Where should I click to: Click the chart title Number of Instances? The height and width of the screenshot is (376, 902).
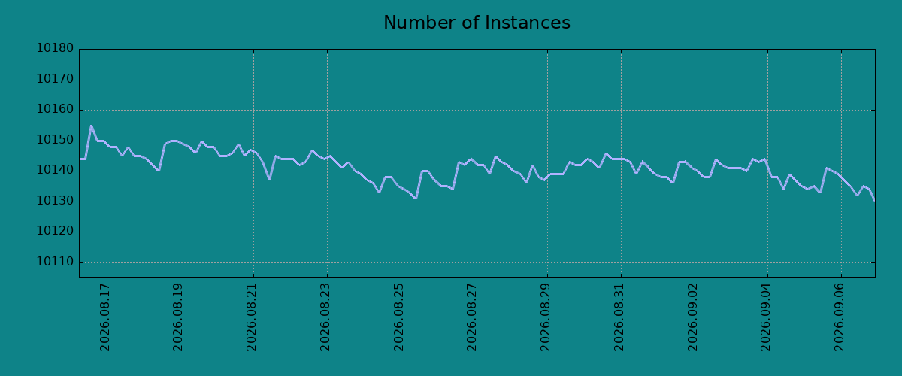coord(477,23)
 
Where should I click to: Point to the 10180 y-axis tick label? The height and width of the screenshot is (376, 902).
coord(55,48)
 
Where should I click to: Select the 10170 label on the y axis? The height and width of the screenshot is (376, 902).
coord(55,79)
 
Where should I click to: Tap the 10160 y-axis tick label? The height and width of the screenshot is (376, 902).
coord(55,109)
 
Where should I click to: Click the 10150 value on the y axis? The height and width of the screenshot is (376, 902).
coord(55,140)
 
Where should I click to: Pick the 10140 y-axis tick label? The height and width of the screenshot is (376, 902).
coord(55,171)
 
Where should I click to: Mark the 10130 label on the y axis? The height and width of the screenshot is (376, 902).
coord(55,201)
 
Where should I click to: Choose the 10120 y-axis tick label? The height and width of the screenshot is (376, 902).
coord(55,232)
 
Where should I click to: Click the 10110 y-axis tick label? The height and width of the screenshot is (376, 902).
coord(55,262)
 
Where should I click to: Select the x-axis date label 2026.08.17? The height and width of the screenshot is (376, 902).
coord(104,317)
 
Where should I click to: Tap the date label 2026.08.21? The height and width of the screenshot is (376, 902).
coord(251,317)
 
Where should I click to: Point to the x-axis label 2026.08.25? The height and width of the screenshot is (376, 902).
coord(398,317)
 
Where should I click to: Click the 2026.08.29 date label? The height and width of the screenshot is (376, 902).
coord(545,317)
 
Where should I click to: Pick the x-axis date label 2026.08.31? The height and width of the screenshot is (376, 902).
coord(619,317)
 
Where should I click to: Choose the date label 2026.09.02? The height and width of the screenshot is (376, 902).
coord(692,317)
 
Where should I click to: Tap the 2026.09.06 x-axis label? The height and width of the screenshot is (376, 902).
coord(839,317)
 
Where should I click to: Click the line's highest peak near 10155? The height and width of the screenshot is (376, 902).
coord(92,126)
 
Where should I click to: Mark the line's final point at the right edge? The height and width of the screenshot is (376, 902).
coord(875,201)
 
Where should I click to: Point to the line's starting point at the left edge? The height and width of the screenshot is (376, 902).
coord(80,159)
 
